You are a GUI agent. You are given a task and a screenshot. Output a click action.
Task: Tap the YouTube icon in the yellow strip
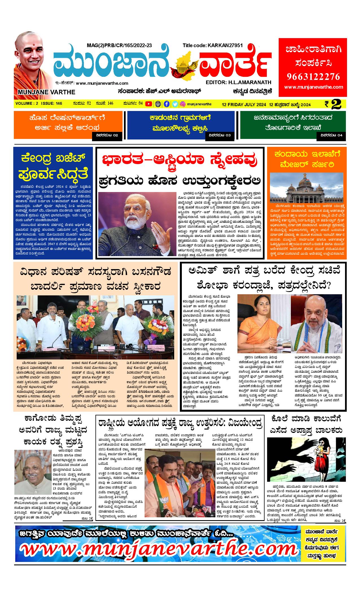(148, 104)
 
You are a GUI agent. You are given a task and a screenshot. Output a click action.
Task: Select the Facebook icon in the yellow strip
(167, 104)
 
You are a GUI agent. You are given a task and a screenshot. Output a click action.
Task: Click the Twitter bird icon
(175, 104)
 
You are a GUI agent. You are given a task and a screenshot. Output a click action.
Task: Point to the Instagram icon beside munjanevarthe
(183, 104)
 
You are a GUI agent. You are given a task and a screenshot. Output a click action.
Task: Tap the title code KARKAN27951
(213, 45)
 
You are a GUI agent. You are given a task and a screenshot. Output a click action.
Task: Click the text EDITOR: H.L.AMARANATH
(238, 82)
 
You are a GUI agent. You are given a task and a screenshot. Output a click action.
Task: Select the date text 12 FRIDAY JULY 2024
(244, 104)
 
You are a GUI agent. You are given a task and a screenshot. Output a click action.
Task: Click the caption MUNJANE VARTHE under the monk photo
(46, 92)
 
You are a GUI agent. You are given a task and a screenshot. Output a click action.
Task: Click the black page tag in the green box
(331, 136)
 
